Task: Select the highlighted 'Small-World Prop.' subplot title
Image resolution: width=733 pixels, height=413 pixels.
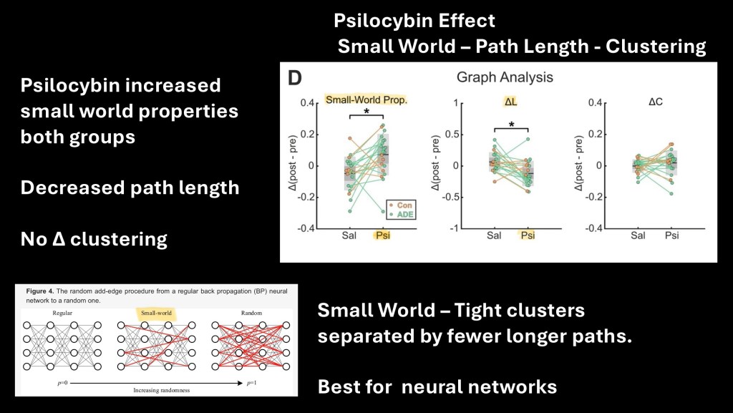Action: pyautogui.click(x=366, y=100)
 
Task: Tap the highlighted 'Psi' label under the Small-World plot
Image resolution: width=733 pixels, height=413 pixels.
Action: pyautogui.click(x=383, y=235)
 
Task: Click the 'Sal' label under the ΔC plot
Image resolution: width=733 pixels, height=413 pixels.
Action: pyautogui.click(x=636, y=235)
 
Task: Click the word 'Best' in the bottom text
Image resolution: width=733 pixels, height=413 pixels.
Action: pyautogui.click(x=341, y=387)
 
